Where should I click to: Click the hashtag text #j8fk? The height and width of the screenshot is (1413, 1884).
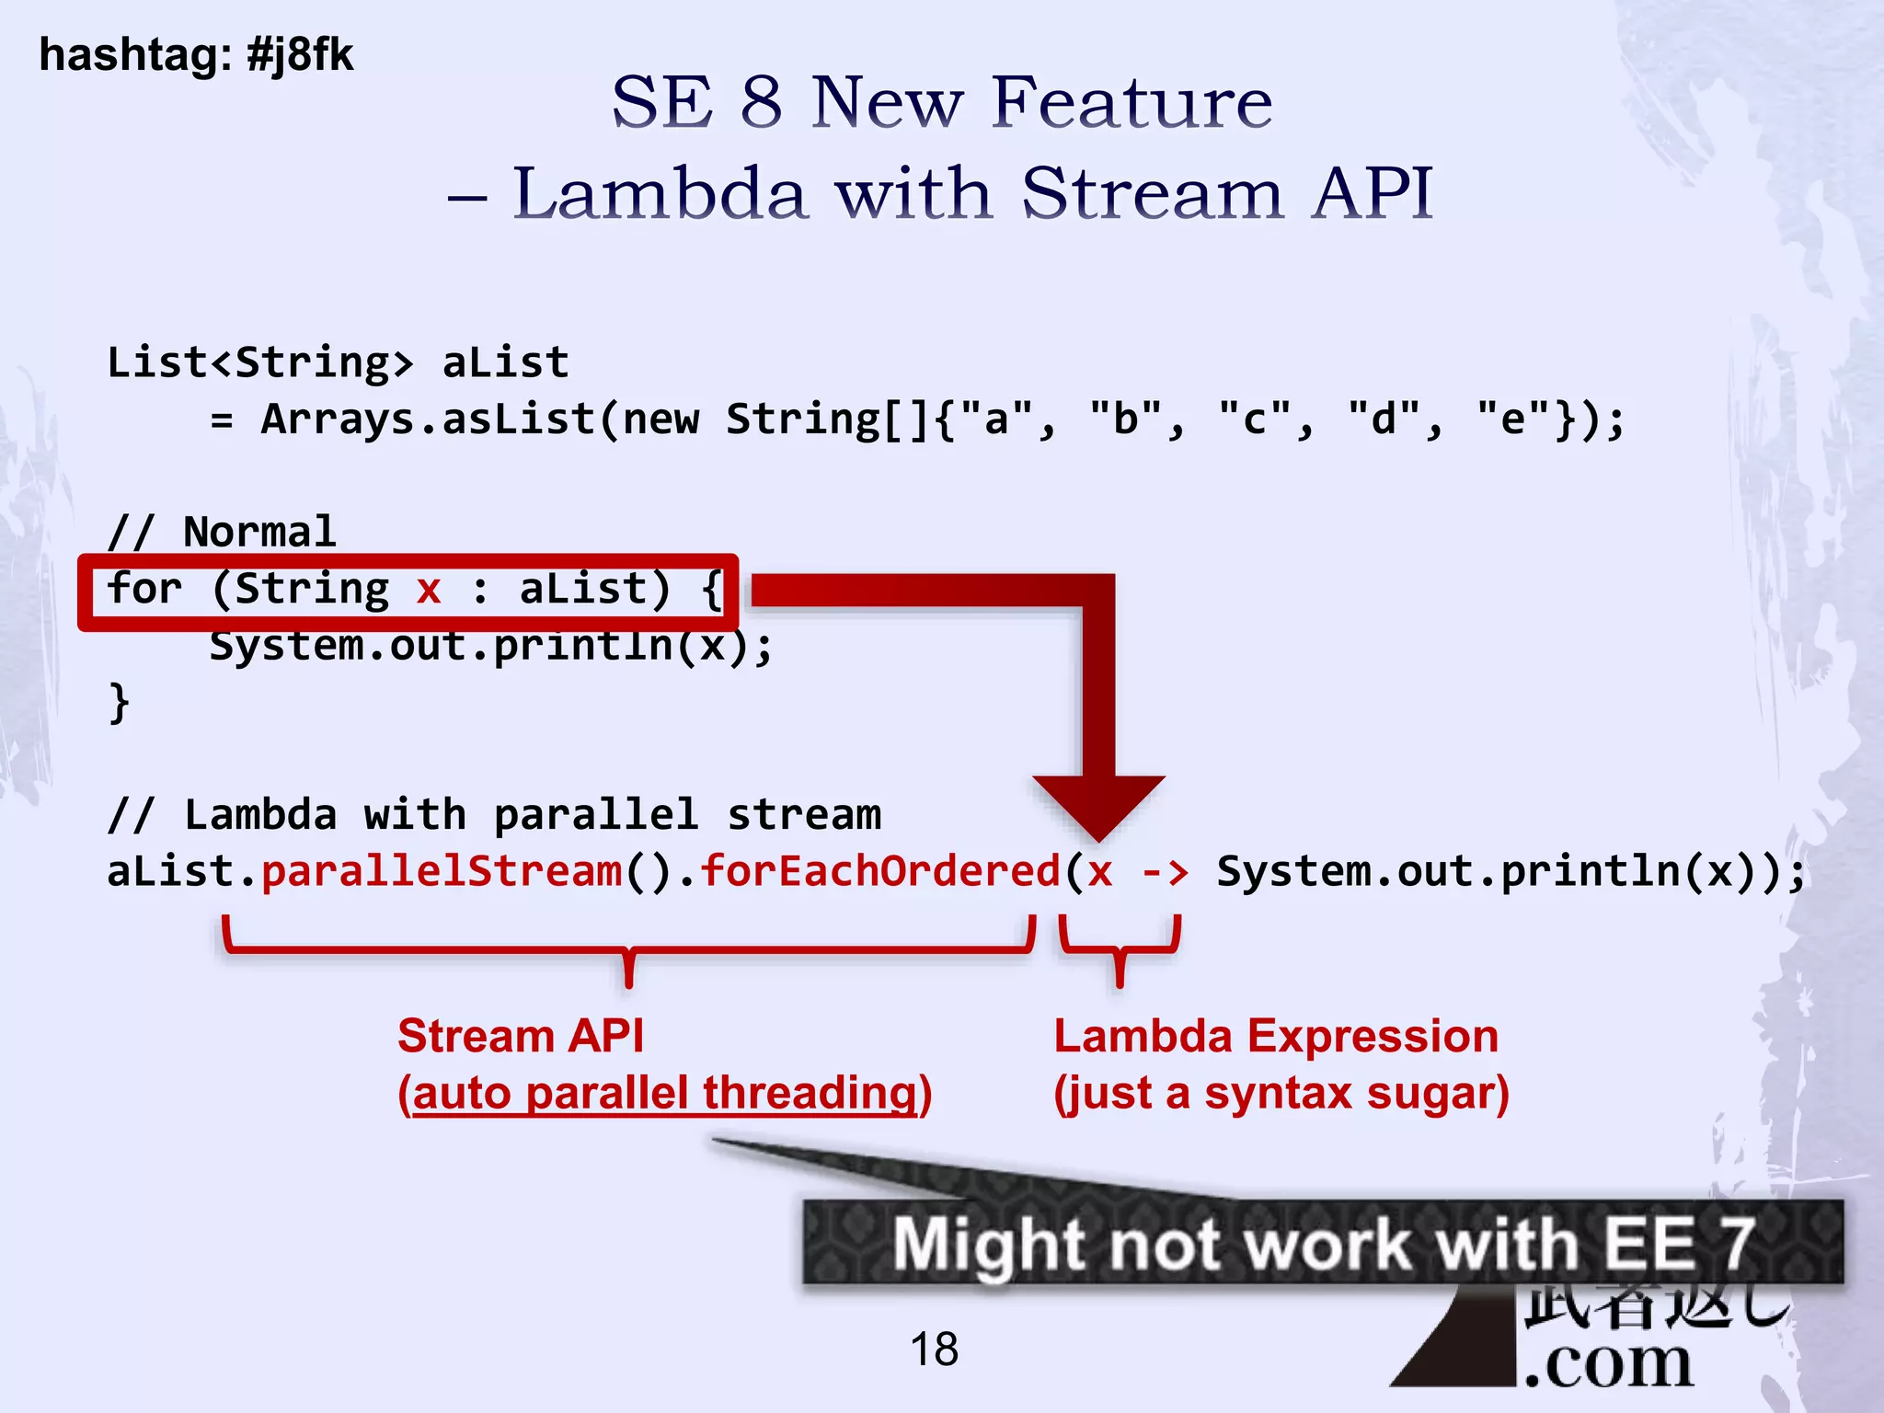(x=300, y=55)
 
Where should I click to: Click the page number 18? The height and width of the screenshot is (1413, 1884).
(x=934, y=1350)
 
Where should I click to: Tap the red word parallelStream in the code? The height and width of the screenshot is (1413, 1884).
(x=442, y=871)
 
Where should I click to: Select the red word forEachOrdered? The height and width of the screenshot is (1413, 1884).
(x=880, y=871)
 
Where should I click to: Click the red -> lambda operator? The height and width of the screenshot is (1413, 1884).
(x=1165, y=871)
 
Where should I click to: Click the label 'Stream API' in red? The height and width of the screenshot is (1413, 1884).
(x=521, y=1036)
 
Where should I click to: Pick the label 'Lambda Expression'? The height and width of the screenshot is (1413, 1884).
(x=1276, y=1036)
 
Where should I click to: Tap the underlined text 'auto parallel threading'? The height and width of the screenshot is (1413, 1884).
(x=665, y=1093)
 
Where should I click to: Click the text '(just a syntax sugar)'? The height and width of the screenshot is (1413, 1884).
(x=1281, y=1093)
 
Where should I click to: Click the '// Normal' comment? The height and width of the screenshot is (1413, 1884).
(x=222, y=532)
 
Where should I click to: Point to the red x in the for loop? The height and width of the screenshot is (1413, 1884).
(x=429, y=589)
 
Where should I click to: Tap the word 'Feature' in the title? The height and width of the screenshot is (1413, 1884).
(x=1133, y=102)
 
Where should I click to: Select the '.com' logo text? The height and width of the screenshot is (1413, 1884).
(x=1608, y=1362)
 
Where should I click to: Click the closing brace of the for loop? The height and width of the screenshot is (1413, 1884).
(x=119, y=703)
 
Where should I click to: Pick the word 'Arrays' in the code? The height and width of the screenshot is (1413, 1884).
(x=337, y=419)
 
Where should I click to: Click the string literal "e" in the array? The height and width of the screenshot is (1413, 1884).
(x=1512, y=419)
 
